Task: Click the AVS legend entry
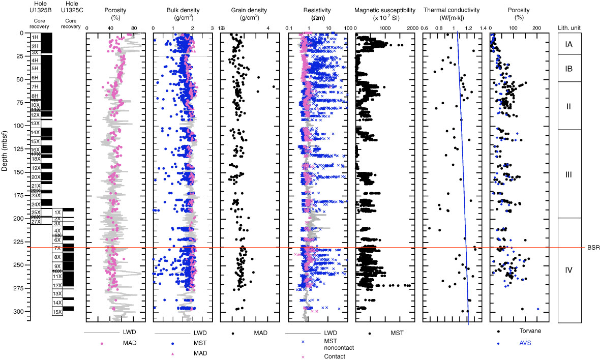(515, 342)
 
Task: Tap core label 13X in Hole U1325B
(35, 124)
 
